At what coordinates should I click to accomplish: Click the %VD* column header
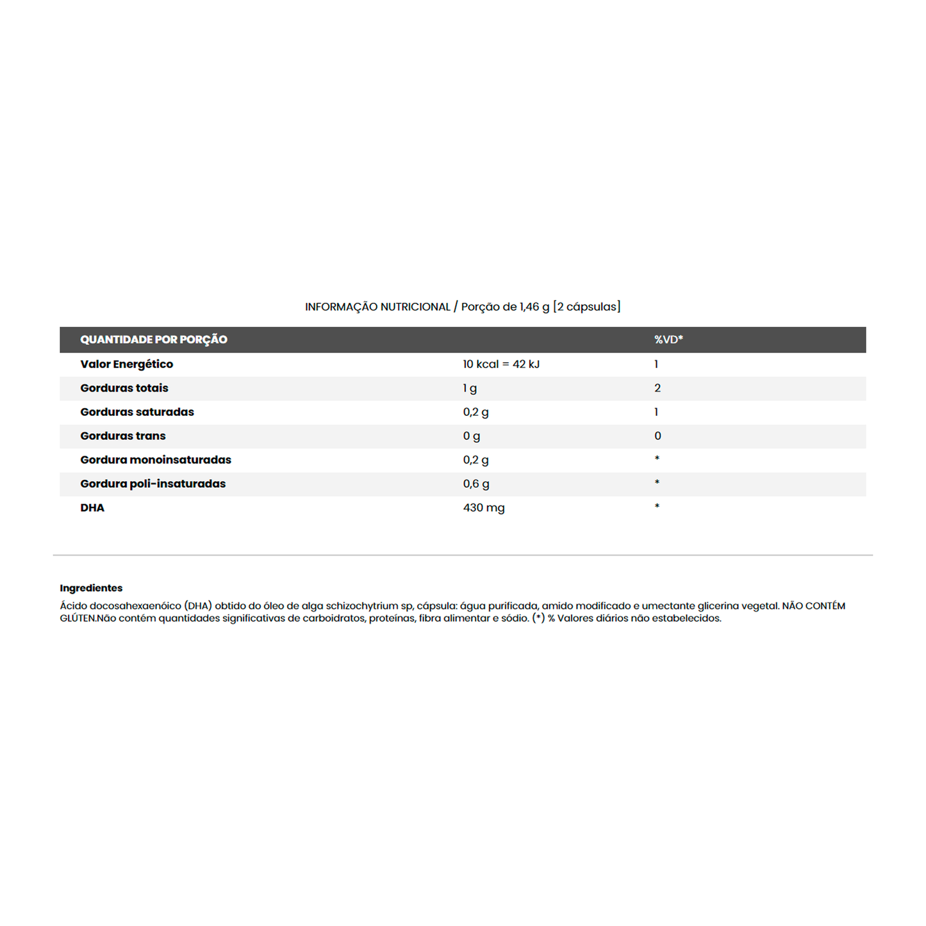[x=668, y=340]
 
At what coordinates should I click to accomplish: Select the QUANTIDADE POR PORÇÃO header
[x=154, y=340]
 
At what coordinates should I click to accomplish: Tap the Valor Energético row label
[x=127, y=364]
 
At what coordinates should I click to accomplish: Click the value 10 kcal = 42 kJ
[x=501, y=364]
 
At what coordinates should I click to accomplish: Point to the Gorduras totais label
[x=124, y=388]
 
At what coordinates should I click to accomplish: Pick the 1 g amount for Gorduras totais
[x=470, y=388]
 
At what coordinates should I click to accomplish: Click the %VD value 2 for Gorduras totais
[x=657, y=388]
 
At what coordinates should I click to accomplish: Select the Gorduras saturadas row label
[x=137, y=412]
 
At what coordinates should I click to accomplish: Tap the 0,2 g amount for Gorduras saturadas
[x=475, y=412]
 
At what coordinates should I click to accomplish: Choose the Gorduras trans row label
[x=123, y=436]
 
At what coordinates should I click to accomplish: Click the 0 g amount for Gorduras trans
[x=472, y=436]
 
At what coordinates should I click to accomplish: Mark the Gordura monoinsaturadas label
[x=156, y=459]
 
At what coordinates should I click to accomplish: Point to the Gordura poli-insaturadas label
[x=153, y=484]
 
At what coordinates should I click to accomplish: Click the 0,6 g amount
[x=476, y=484]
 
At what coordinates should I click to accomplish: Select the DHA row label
[x=92, y=508]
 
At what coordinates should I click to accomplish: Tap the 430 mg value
[x=484, y=508]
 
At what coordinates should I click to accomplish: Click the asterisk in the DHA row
[x=657, y=506]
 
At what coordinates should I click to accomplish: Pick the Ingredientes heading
[x=91, y=588]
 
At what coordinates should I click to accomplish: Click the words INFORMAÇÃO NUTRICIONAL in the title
[x=377, y=307]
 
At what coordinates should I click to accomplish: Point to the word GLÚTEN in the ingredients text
[x=78, y=618]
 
